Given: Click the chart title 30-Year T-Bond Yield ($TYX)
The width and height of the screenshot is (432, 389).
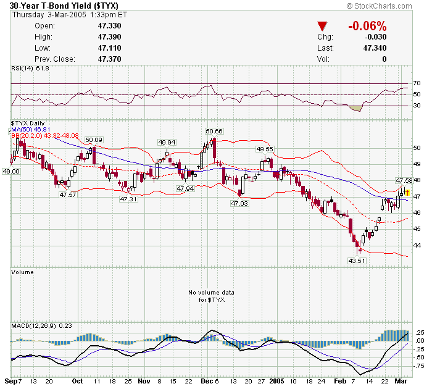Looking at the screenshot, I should (61, 5).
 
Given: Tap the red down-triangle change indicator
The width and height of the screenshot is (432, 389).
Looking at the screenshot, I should (322, 27).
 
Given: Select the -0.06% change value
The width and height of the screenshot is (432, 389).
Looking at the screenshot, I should (367, 27).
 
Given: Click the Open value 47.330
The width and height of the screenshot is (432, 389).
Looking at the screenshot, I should (109, 26).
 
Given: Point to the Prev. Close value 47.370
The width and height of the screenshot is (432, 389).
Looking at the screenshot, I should (109, 59).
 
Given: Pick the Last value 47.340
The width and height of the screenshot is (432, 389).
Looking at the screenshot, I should (375, 48).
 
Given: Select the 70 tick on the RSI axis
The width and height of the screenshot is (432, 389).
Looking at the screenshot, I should (417, 83).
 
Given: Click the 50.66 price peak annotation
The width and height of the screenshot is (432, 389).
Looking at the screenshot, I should (214, 132).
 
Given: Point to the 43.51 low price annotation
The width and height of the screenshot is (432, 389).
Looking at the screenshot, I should (357, 261).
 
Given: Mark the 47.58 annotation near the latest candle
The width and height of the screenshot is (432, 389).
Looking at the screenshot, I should (404, 180).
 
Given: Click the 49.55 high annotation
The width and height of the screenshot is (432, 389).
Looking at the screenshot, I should (265, 149).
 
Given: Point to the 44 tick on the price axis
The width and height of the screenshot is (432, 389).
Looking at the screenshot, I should (417, 245).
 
